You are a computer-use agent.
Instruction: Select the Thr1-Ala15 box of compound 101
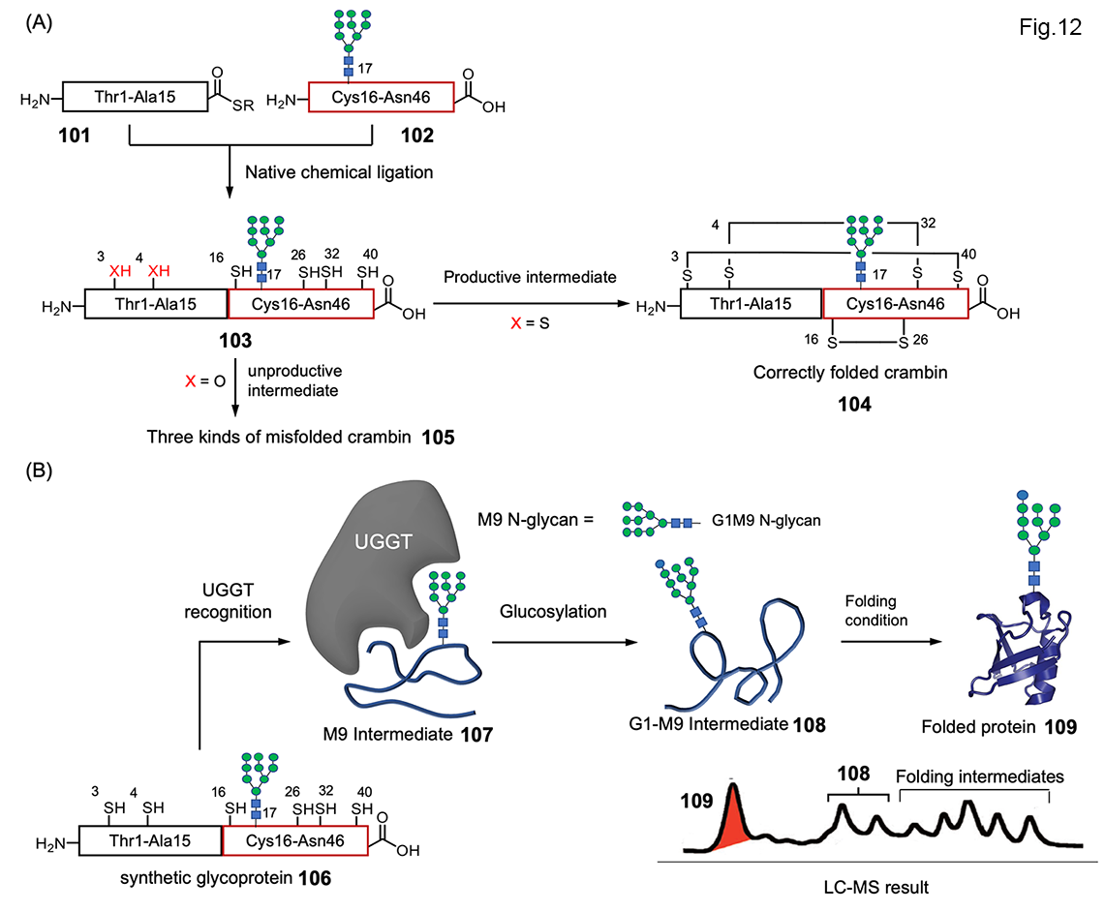click(x=137, y=97)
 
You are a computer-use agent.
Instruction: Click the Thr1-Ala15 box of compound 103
click(x=155, y=305)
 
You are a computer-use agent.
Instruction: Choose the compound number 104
click(x=823, y=407)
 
